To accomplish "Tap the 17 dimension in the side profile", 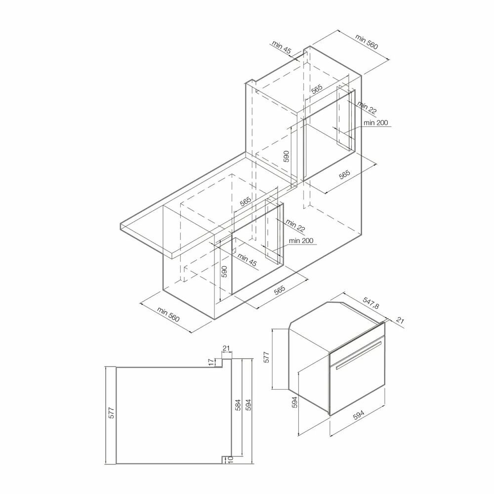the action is click(x=211, y=362).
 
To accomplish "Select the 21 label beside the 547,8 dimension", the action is click(x=400, y=322).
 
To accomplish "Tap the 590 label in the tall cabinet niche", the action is click(x=286, y=157).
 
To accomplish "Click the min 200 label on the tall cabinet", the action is click(x=375, y=123).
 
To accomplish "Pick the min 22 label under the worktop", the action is click(x=294, y=227).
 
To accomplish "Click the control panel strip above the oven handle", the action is click(x=357, y=341).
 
